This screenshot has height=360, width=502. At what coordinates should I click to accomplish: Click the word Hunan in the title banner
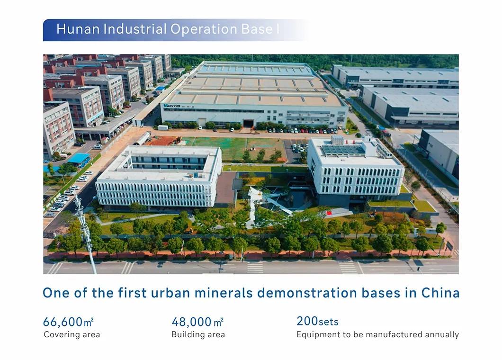pos(78,29)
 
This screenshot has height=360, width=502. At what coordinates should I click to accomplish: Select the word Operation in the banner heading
pos(204,30)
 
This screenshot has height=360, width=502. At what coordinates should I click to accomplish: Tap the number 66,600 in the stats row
pos(63,322)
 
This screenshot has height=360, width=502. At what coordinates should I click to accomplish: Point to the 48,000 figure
pos(191,322)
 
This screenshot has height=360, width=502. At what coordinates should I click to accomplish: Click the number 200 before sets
pos(307,321)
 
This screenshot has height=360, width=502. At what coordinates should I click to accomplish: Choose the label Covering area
pos(72,335)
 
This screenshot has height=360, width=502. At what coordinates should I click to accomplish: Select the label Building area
pos(198,335)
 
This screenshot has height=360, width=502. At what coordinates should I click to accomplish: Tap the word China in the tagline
pos(440,293)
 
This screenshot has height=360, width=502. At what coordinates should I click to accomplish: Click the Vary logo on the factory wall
pos(172,106)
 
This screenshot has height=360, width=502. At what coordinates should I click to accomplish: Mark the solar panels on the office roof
pos(342,150)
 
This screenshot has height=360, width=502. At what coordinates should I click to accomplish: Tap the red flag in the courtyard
pos(329,213)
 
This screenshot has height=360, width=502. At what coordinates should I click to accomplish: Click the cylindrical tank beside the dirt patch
pos(143,138)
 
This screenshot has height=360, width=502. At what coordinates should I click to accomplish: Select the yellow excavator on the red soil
pos(175,140)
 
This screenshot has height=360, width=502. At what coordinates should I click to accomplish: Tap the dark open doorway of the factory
pos(248,123)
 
